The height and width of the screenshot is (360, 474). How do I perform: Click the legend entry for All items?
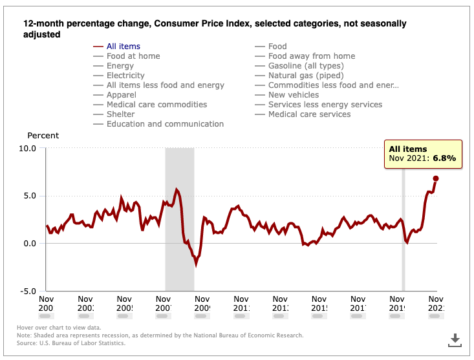coord(123,47)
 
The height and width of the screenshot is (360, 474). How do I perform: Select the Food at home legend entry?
coord(133,56)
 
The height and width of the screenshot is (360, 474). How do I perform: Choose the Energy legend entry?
coord(120,66)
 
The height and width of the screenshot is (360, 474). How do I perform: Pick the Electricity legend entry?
coord(125,76)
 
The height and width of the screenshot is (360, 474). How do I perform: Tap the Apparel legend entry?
coord(122,95)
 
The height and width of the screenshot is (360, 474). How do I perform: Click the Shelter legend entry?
coord(121,114)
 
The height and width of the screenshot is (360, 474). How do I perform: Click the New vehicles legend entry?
coord(294,95)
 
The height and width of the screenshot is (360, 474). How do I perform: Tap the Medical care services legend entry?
coord(309,114)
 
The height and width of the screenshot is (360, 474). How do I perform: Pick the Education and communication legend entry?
coord(165,124)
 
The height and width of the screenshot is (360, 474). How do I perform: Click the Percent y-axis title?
coord(43,136)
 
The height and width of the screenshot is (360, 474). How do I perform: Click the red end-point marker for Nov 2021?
coord(436,178)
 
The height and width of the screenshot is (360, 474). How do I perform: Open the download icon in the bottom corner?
coord(455,339)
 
